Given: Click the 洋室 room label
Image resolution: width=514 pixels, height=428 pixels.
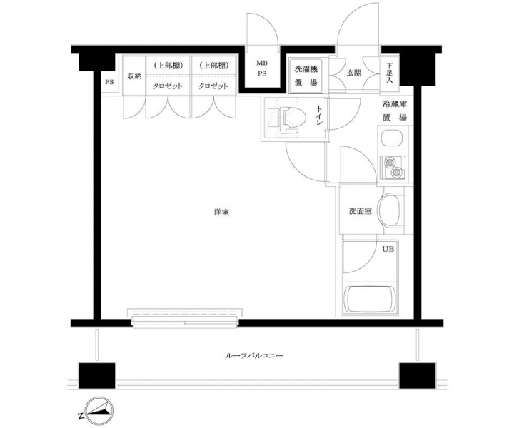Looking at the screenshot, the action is pos(221,212).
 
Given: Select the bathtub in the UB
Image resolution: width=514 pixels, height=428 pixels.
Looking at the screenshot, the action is pos(369,300).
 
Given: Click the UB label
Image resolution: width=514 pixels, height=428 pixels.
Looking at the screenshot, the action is pos(388,249).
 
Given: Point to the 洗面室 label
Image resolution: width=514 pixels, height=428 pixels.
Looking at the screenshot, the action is pos(361,211).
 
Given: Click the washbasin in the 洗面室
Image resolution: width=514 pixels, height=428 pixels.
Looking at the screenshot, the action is pos(390,210).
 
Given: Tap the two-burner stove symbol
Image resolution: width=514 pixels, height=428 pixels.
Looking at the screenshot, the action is pos(393,168).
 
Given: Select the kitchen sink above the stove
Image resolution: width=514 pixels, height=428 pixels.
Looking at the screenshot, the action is pos(393,138).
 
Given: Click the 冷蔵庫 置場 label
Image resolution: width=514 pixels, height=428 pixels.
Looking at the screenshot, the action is pos(395,111).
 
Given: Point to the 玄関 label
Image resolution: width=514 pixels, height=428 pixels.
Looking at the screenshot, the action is pos(353,73).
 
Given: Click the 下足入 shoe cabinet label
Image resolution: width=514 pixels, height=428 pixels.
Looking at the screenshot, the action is pos(389,73).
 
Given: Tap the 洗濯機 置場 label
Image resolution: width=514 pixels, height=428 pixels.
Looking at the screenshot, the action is pos(306,76).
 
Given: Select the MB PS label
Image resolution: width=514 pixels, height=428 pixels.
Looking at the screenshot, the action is pos(261,68).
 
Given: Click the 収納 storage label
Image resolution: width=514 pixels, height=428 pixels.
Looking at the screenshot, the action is pos(134,76).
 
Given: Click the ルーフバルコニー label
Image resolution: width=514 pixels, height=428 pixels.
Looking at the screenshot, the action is pos(254,355).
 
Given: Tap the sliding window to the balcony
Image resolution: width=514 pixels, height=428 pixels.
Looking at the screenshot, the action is pos(185,317).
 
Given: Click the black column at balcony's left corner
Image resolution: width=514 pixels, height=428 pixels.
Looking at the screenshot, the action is pos(97,375).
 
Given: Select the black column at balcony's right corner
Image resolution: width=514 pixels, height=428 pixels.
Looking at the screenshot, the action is pos(418,375).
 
